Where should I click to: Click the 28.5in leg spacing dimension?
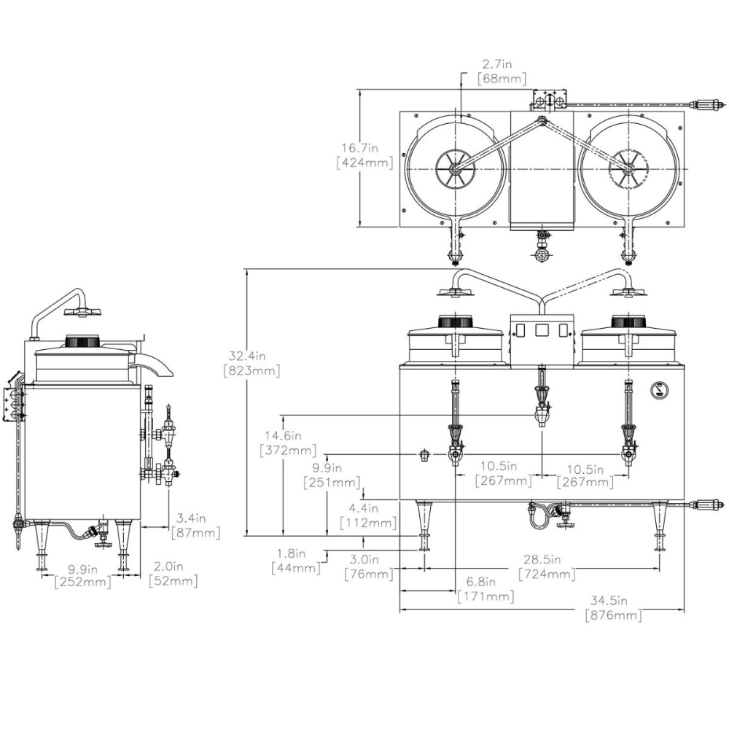click(547, 560)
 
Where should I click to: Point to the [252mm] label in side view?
click(82, 581)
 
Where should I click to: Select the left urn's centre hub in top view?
click(454, 169)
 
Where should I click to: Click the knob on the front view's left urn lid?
click(456, 321)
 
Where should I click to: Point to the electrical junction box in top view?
click(550, 99)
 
